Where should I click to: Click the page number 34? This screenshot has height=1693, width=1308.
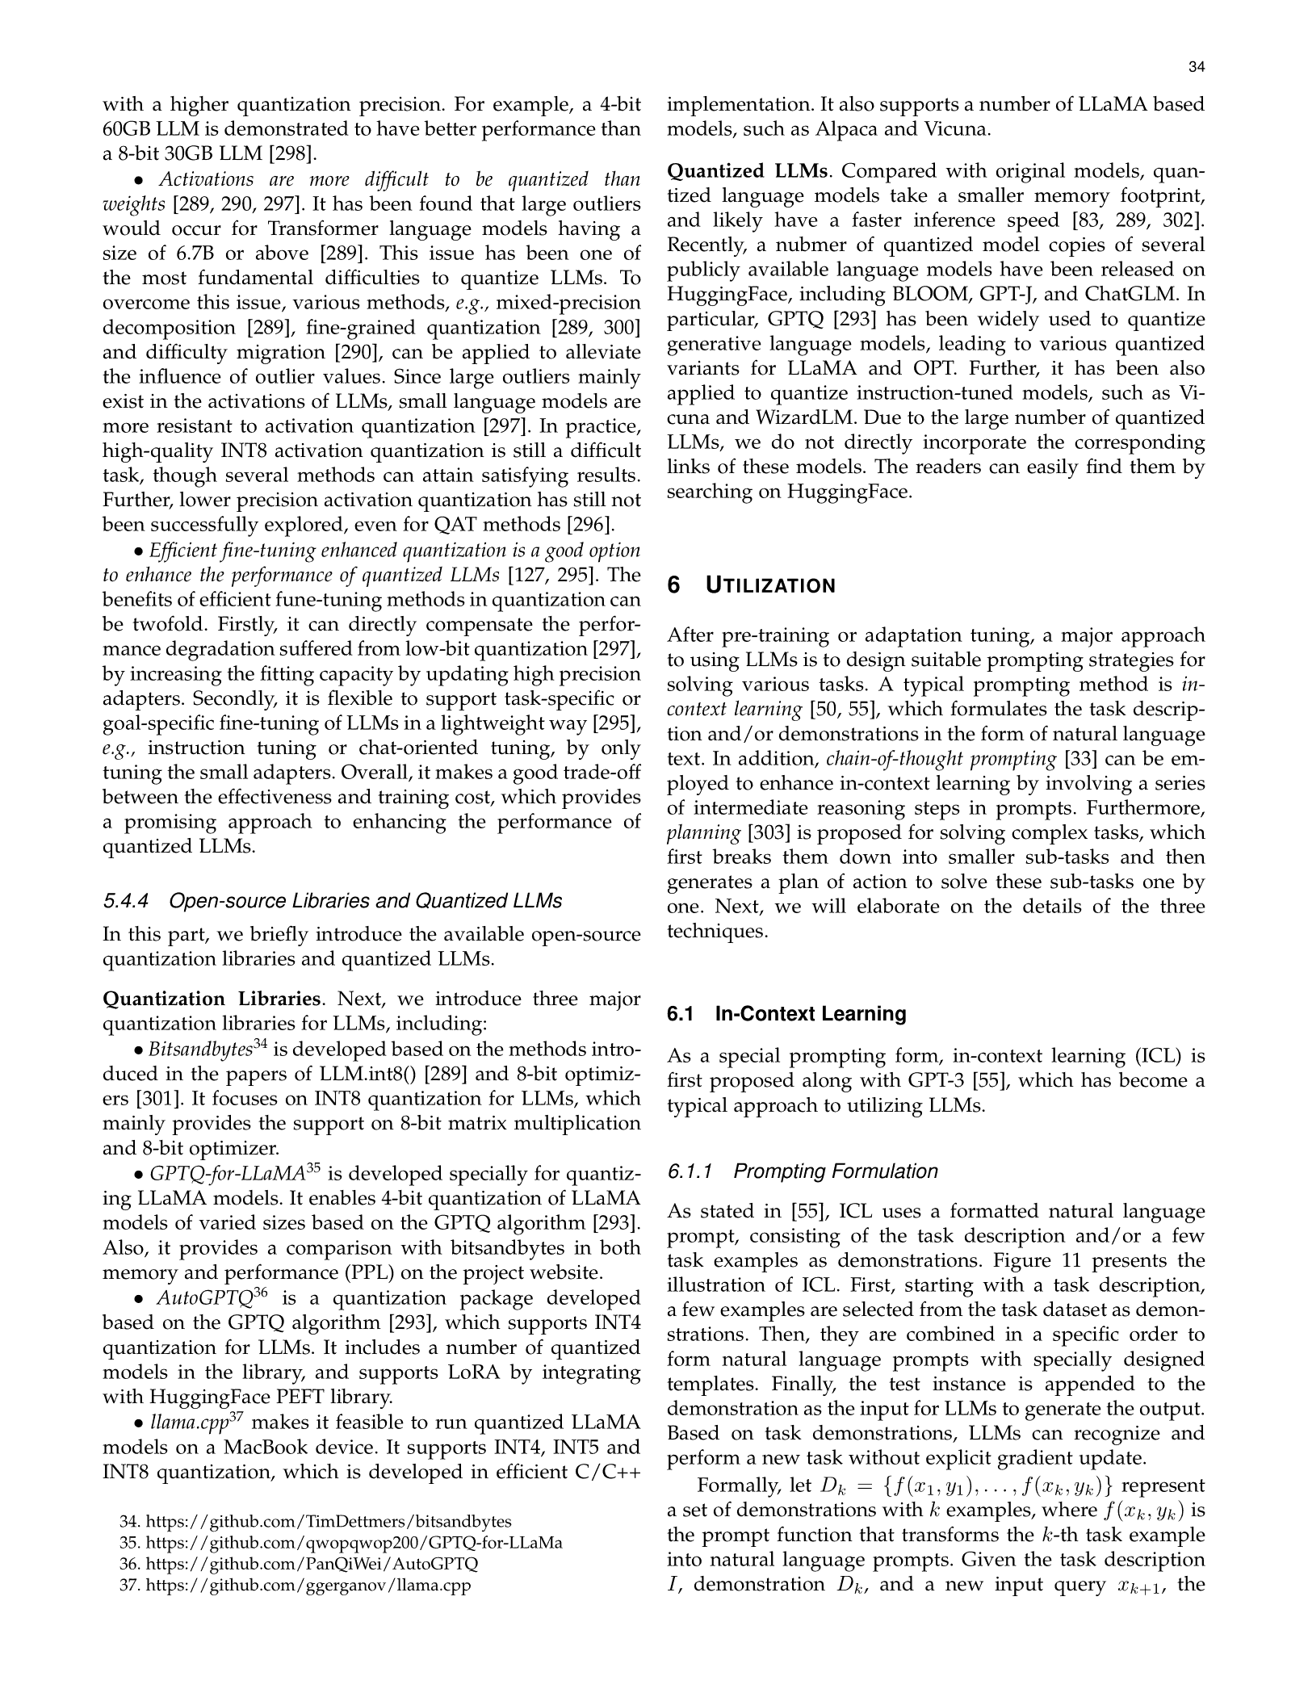[1197, 69]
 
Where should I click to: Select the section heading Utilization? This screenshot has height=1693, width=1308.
[770, 586]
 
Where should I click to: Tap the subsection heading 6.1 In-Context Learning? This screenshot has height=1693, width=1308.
[786, 1014]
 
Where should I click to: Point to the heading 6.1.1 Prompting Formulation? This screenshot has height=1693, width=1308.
[803, 1171]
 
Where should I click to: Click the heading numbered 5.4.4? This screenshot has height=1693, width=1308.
[332, 901]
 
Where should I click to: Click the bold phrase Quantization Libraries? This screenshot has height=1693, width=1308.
[212, 999]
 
